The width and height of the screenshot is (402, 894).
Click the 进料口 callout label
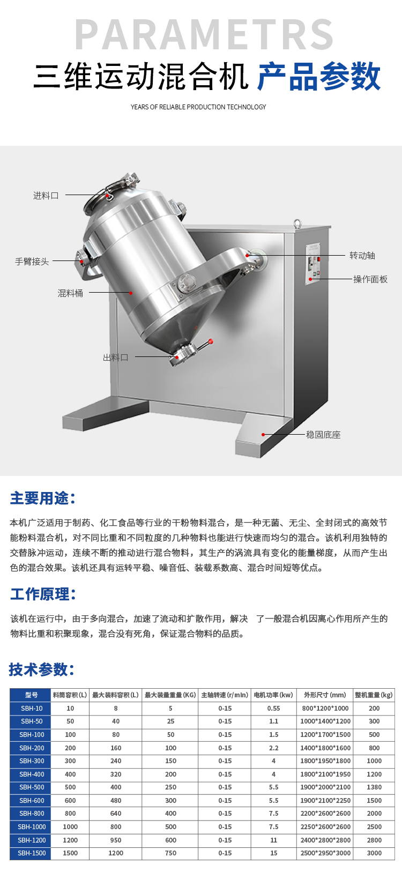(46, 196)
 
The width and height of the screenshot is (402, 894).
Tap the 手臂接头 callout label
(32, 262)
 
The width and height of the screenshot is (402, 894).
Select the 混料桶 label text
(70, 293)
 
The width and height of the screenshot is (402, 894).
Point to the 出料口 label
(116, 357)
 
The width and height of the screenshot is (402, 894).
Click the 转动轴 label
(362, 256)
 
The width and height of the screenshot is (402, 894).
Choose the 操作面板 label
(370, 279)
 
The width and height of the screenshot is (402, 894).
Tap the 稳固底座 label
(323, 435)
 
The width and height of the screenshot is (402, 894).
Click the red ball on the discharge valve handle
(211, 341)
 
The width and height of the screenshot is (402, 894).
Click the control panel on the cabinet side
(313, 263)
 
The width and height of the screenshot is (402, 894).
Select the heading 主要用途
(43, 498)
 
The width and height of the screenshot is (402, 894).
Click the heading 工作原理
(43, 594)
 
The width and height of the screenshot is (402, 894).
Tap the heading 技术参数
(42, 669)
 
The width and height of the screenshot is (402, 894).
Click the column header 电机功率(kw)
(273, 695)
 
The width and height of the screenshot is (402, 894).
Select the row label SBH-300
(32, 761)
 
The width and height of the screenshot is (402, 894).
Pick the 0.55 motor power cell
(273, 708)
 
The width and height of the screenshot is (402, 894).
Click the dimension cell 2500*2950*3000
(325, 853)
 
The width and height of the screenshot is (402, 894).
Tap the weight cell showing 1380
(374, 787)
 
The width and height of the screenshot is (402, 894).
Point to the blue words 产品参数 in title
(319, 76)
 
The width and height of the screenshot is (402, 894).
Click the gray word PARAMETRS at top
(204, 34)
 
